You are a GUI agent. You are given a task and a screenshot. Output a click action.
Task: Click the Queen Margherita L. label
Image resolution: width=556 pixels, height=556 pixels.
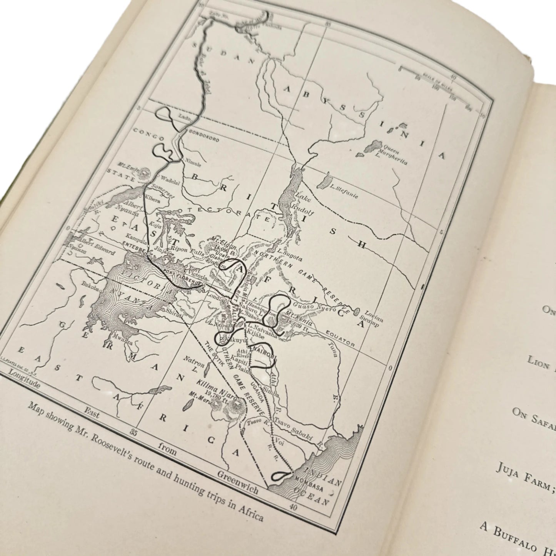click(x=394, y=155)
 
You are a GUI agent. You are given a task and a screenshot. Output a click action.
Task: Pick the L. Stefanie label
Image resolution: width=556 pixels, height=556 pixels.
click(x=344, y=192)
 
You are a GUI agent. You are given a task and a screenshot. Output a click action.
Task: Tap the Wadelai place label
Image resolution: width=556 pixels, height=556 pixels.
click(x=166, y=179)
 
